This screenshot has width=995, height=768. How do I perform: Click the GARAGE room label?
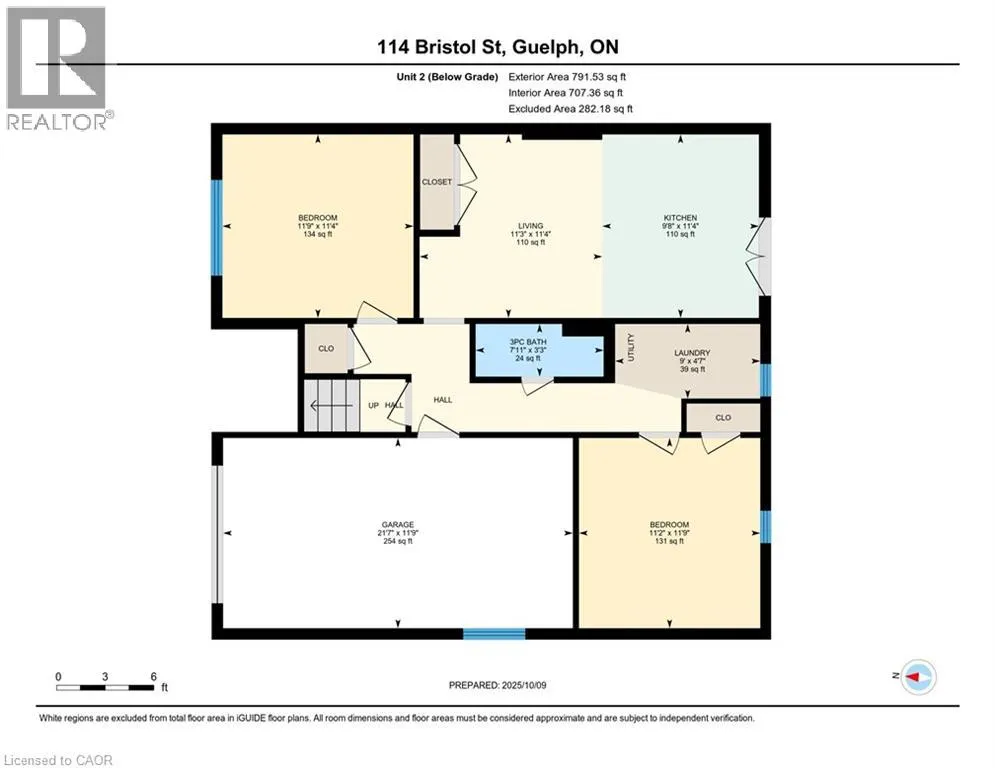(x=398, y=524)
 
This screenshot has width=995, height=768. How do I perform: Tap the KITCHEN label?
(x=680, y=218)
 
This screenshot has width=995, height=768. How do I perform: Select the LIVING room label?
(x=530, y=226)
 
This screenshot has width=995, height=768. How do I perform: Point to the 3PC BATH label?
(x=528, y=342)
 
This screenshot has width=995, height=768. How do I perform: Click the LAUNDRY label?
(x=692, y=353)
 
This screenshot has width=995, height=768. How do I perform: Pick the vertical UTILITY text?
(x=631, y=347)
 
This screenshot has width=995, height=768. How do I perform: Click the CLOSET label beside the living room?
(x=437, y=182)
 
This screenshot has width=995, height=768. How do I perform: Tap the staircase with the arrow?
(x=332, y=406)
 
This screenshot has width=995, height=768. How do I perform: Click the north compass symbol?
(x=919, y=677)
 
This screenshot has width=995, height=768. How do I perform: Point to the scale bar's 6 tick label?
(x=154, y=677)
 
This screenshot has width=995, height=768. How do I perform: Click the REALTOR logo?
(x=57, y=69)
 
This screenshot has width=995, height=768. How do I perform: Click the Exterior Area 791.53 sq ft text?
(x=567, y=77)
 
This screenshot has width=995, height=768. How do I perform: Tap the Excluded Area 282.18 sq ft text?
(x=570, y=109)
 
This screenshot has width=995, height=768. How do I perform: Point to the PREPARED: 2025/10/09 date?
(x=498, y=685)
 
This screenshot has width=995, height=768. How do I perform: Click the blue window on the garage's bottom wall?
(x=494, y=633)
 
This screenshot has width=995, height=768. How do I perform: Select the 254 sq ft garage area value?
(x=398, y=541)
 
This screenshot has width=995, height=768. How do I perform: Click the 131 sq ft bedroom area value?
(x=669, y=541)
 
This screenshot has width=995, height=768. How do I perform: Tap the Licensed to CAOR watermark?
(x=58, y=760)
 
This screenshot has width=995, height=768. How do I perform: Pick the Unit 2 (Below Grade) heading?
(x=447, y=77)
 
